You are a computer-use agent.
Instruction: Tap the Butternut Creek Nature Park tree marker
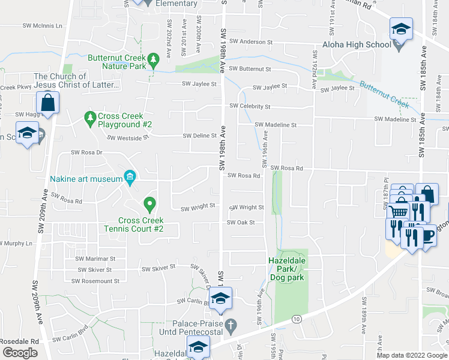tap(154, 59)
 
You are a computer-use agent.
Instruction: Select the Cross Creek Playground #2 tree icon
tap(91, 116)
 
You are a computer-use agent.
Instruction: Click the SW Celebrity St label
tap(250, 107)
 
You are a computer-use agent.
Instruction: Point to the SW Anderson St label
tap(251, 42)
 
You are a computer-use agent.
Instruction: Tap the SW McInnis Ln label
tap(43, 26)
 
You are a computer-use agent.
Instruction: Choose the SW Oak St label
tap(241, 223)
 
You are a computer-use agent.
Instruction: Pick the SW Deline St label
tap(200, 136)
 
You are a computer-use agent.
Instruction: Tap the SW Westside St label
tap(128, 138)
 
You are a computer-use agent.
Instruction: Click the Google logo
tap(20, 352)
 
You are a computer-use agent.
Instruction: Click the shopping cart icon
tap(398, 211)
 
